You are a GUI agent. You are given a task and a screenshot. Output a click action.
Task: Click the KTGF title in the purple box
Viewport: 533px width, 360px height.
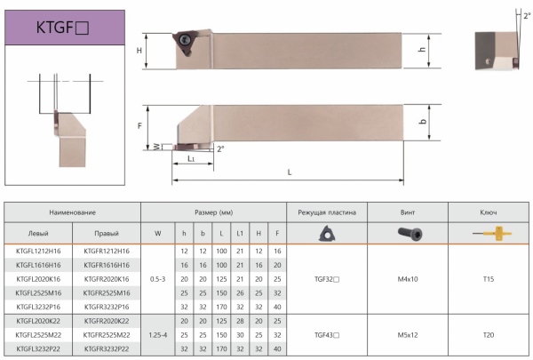(x=62, y=28)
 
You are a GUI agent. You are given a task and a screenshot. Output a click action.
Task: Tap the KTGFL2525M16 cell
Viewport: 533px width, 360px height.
(x=38, y=293)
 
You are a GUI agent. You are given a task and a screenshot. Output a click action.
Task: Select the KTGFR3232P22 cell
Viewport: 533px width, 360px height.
(x=107, y=348)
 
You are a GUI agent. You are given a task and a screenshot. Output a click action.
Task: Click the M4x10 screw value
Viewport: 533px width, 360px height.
(x=408, y=279)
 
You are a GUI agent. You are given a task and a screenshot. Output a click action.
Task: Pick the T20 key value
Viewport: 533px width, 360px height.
(x=488, y=335)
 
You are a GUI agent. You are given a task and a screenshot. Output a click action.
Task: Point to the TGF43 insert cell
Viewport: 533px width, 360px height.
(x=327, y=335)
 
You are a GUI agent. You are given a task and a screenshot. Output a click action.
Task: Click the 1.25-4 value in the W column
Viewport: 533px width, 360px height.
(x=158, y=335)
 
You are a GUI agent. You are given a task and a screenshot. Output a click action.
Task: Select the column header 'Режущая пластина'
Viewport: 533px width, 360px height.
(x=327, y=212)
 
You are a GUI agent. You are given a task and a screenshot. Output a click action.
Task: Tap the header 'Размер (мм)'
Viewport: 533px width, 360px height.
(x=213, y=212)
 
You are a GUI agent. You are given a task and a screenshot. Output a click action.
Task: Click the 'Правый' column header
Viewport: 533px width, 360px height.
(x=107, y=234)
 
